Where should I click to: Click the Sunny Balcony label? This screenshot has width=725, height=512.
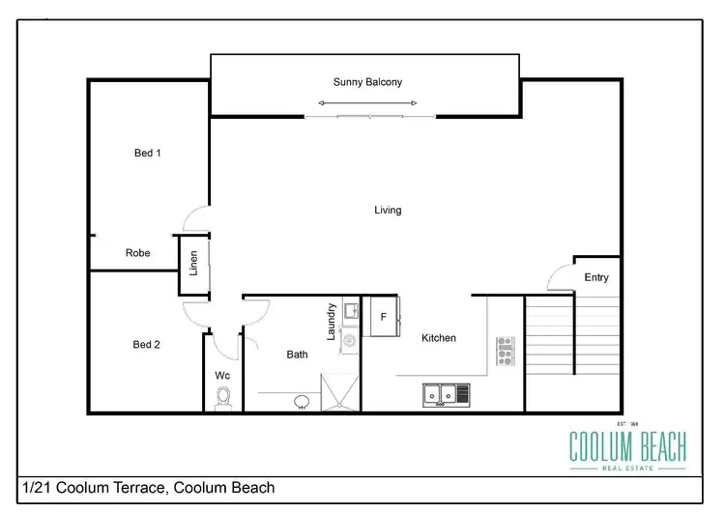click(x=367, y=82)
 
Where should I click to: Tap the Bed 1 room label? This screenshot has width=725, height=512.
click(x=146, y=153)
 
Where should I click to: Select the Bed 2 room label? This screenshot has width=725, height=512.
click(x=146, y=344)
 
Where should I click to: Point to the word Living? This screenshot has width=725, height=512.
click(x=388, y=210)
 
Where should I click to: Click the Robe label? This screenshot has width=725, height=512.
click(x=137, y=253)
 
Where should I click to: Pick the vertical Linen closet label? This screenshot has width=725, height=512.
click(x=193, y=264)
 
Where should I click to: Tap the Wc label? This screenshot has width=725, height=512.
click(x=222, y=375)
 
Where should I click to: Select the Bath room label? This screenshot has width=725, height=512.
click(x=297, y=355)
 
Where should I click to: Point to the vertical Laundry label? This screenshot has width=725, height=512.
click(x=331, y=321)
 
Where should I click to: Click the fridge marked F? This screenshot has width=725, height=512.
click(x=383, y=317)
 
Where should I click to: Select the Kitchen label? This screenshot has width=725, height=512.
click(x=439, y=338)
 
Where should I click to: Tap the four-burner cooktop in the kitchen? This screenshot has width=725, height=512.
click(x=505, y=350)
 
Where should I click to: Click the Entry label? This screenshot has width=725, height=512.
click(x=596, y=277)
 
